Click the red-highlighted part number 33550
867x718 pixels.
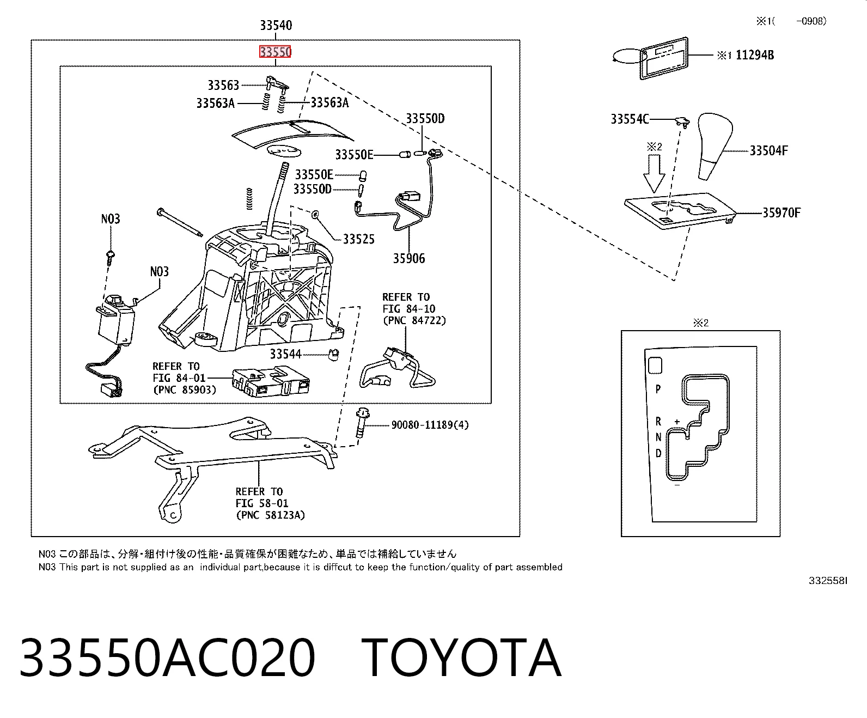tap(275, 52)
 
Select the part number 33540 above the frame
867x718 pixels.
tap(276, 26)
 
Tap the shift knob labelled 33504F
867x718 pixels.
tap(715, 145)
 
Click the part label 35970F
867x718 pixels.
tap(781, 213)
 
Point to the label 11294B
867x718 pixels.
tap(755, 55)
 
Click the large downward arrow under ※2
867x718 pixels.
tap(655, 174)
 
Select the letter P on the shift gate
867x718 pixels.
tap(658, 390)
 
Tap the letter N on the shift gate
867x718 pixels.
tap(658, 437)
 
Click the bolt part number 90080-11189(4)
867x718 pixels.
tap(430, 425)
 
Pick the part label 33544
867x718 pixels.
tap(285, 354)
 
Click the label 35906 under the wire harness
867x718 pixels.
tap(409, 258)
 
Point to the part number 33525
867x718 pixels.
tap(359, 239)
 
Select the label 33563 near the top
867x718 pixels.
tap(223, 85)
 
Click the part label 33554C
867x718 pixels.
tap(630, 119)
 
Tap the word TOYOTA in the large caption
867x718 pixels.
tap(461, 658)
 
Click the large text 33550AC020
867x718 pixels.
tap(167, 658)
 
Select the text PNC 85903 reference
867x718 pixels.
tap(185, 390)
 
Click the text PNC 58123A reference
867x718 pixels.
tap(270, 515)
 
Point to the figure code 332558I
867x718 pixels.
tap(828, 581)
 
